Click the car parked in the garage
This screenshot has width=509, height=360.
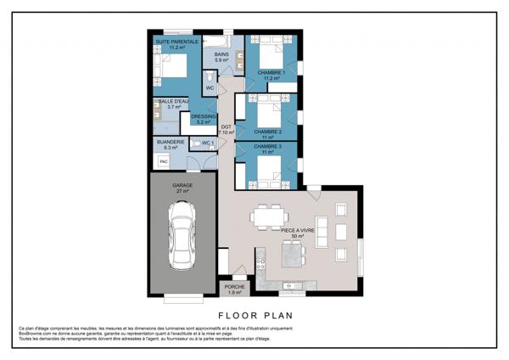pyautogui.click(x=182, y=241)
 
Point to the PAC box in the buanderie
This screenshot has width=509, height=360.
pyautogui.click(x=164, y=160)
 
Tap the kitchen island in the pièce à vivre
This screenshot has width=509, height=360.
pyautogui.click(x=292, y=252)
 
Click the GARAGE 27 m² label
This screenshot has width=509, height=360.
pyautogui.click(x=182, y=188)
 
